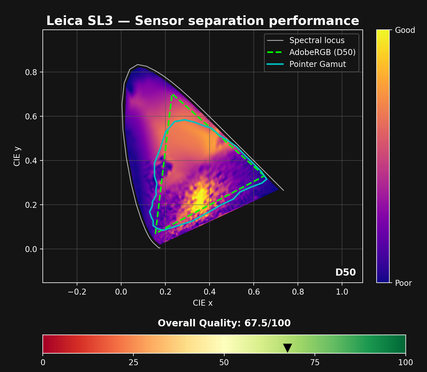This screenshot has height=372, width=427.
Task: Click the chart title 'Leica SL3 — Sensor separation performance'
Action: click(x=202, y=21)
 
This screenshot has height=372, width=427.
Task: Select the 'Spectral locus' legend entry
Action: click(x=317, y=41)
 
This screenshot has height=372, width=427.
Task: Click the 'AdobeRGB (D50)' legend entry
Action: click(x=322, y=52)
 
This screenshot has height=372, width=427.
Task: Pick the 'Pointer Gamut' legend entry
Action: click(x=317, y=64)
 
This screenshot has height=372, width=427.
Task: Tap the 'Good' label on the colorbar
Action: click(x=405, y=30)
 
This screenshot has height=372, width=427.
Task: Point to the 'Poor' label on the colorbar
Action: click(x=403, y=283)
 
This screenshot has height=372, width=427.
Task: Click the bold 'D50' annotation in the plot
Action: click(x=345, y=272)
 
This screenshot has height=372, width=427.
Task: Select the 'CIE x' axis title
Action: click(x=202, y=303)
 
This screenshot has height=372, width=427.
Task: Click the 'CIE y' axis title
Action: click(x=17, y=156)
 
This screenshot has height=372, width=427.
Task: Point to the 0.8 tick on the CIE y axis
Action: click(x=31, y=72)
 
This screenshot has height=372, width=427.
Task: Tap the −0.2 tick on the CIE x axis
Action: click(x=77, y=292)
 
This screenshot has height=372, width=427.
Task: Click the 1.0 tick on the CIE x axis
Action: click(x=342, y=292)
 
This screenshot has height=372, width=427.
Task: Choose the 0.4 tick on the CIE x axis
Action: click(x=209, y=292)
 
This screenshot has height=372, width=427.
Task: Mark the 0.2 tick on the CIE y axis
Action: click(x=31, y=205)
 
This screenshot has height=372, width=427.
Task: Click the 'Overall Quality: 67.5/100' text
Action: click(x=224, y=323)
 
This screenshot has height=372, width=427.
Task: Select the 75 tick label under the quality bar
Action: click(x=315, y=362)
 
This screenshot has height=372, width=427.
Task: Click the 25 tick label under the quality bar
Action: click(x=133, y=362)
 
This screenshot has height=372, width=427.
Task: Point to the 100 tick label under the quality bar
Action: click(x=405, y=362)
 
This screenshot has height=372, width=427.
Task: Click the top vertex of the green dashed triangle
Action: click(x=172, y=95)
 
